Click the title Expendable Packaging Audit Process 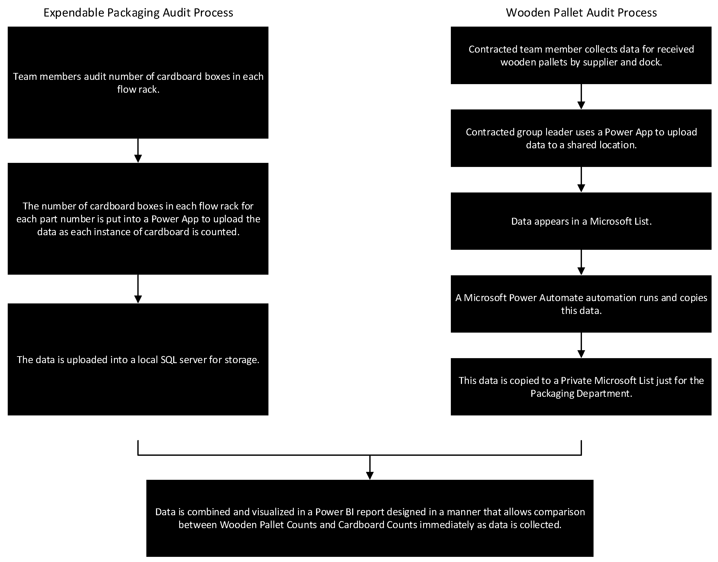pos(138,12)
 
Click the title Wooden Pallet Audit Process pos(581,12)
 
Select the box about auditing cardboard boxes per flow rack pos(138,83)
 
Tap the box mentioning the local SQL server pos(138,359)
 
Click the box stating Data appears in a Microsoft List pos(581,221)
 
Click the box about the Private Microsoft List pos(581,387)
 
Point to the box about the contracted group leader pos(581,138)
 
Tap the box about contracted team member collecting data pos(581,55)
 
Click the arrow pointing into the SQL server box pos(138,289)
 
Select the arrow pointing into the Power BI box pos(370,467)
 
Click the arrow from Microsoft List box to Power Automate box pos(581,262)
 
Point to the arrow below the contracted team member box pos(581,96)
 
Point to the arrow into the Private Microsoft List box pos(581,345)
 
